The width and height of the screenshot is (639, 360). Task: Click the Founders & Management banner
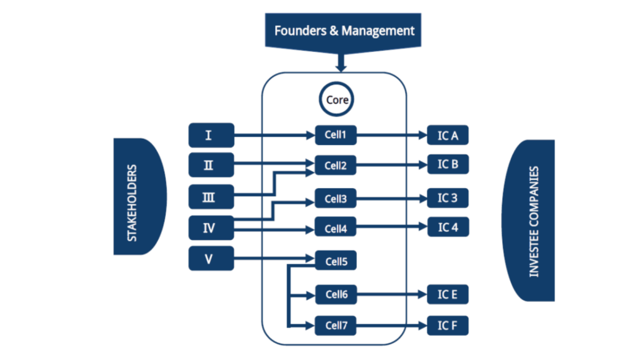click(343, 30)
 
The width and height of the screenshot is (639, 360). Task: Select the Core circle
click(337, 99)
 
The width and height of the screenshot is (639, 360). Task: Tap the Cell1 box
click(336, 134)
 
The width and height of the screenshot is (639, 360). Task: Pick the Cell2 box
click(336, 166)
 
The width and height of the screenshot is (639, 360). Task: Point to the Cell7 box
click(336, 325)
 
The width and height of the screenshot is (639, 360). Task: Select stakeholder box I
click(211, 134)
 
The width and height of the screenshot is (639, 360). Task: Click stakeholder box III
click(211, 197)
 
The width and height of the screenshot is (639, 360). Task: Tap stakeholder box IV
click(211, 228)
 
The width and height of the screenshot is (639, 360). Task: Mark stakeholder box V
click(211, 258)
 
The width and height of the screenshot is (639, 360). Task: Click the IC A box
click(447, 134)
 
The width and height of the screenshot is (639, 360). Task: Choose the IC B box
click(447, 164)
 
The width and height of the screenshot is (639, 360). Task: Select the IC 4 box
click(447, 227)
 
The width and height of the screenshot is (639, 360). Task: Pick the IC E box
click(447, 294)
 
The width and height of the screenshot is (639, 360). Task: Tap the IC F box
click(447, 325)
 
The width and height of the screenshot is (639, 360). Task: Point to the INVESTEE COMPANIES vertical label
click(533, 221)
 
